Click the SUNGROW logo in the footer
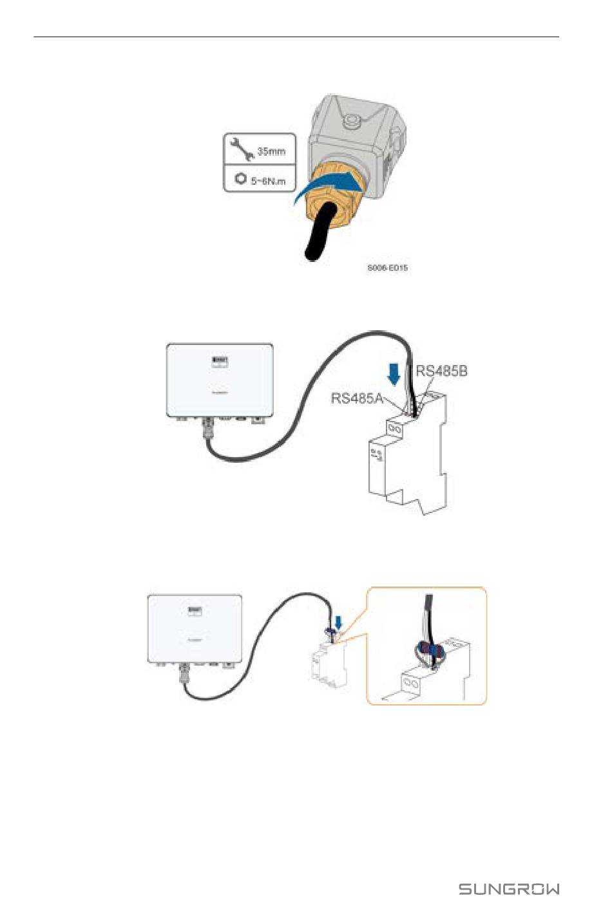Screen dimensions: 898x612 (508, 889)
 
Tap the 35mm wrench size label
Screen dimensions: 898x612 (271, 152)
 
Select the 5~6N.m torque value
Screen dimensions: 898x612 (268, 181)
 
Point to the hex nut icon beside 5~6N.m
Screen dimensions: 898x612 (240, 178)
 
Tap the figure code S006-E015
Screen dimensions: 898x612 (387, 268)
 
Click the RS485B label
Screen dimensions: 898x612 (441, 371)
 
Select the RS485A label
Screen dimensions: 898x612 (357, 398)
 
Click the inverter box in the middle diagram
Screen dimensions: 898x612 (220, 380)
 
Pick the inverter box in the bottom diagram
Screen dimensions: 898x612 (195, 628)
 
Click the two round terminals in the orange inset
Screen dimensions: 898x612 (411, 682)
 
